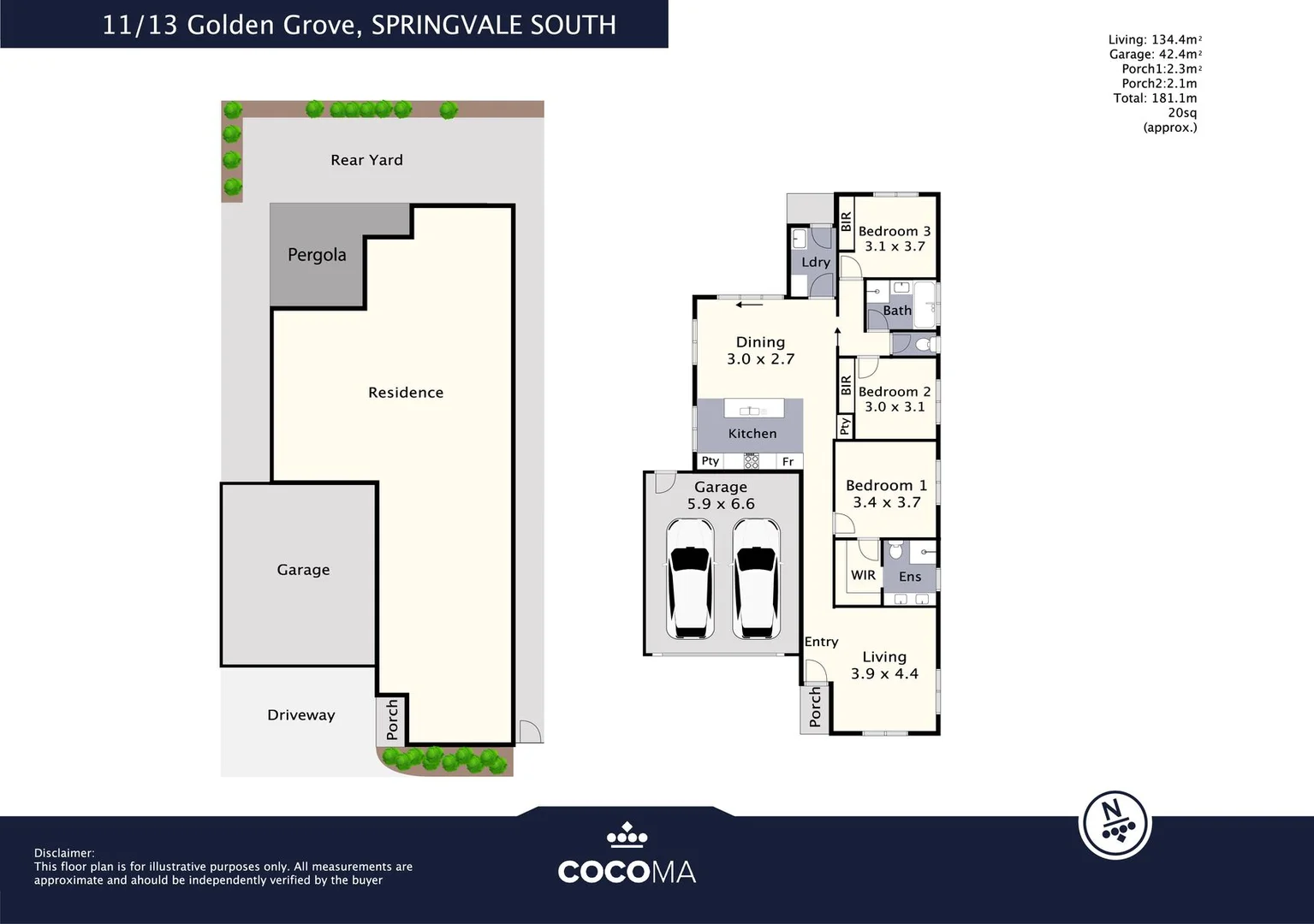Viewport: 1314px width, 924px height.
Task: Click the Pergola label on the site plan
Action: tap(317, 255)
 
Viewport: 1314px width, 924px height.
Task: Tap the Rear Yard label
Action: tap(366, 160)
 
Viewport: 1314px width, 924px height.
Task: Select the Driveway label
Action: tap(300, 715)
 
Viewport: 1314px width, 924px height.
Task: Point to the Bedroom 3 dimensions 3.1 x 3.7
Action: tap(895, 246)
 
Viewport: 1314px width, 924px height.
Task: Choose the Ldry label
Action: tap(816, 263)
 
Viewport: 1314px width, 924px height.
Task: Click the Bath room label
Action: tap(897, 311)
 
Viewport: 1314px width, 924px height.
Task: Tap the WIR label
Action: tap(863, 575)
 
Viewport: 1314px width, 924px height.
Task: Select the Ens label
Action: tap(910, 577)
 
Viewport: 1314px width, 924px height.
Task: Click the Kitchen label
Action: tap(752, 434)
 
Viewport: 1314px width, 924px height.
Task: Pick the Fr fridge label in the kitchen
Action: tap(788, 462)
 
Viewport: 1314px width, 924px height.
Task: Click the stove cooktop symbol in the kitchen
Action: tap(752, 462)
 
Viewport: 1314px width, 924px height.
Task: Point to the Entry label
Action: tap(821, 642)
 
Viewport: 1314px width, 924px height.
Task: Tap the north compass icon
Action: tap(1115, 825)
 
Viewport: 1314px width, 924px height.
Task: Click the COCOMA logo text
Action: tap(627, 872)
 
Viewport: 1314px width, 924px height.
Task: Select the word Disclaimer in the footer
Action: tap(64, 853)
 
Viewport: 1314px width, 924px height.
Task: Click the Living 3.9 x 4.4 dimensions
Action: tap(884, 674)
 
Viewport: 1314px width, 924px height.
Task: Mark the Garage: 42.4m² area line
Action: tap(1156, 55)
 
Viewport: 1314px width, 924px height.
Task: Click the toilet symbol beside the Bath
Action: tap(923, 345)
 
